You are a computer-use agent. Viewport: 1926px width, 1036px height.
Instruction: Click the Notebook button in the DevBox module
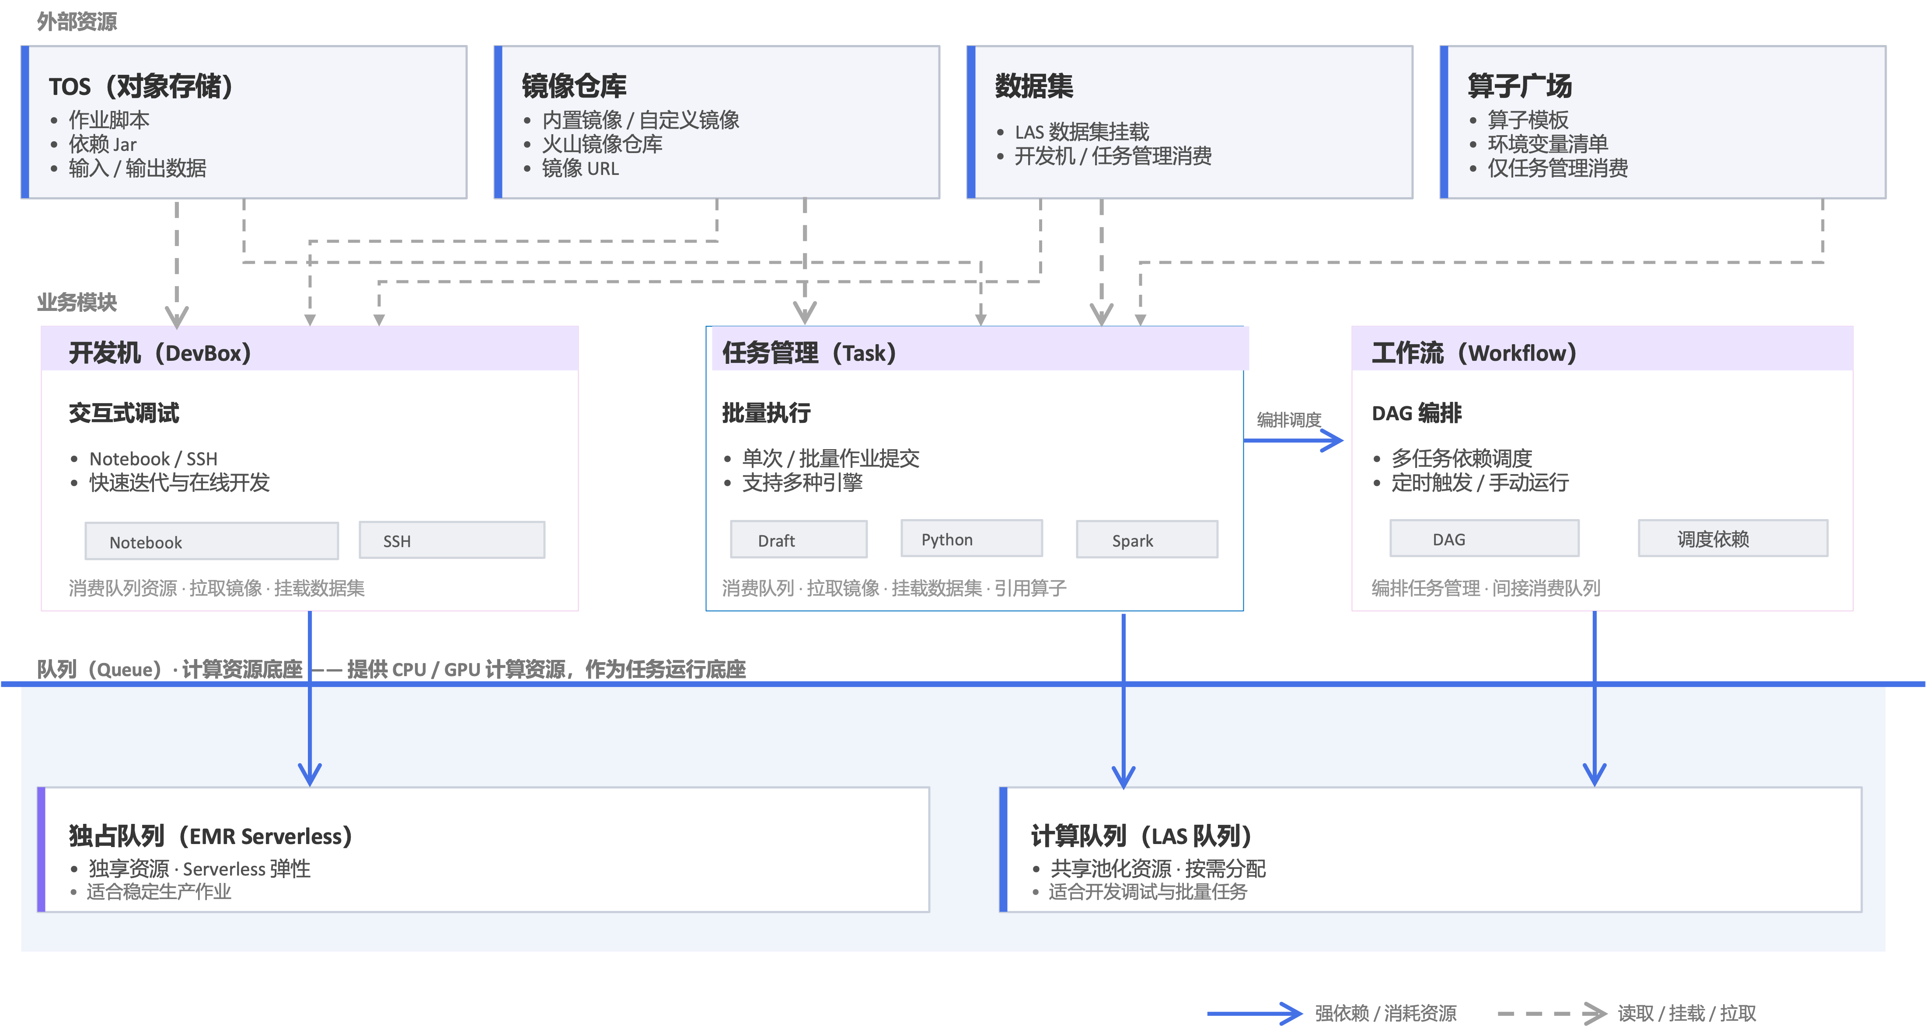[212, 541]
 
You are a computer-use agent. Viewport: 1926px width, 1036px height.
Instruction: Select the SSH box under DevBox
[452, 541]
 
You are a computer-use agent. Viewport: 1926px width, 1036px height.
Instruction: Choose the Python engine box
[971, 539]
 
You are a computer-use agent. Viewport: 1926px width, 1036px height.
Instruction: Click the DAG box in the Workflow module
[1484, 539]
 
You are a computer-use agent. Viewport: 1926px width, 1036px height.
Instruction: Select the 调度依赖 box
[1733, 539]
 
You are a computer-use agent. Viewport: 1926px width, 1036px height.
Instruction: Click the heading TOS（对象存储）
[140, 87]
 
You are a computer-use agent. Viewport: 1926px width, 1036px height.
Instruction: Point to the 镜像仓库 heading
[574, 86]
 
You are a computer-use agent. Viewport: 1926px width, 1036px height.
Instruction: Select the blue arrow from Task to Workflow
[1294, 440]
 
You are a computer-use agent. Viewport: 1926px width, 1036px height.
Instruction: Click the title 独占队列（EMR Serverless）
[210, 836]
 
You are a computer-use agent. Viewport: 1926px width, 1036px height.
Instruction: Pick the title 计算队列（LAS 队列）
[1141, 836]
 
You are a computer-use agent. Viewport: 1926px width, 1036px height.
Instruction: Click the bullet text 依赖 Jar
[103, 144]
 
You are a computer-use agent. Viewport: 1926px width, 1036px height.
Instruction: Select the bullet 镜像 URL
[580, 168]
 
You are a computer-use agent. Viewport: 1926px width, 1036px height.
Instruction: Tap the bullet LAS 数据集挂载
[1082, 133]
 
